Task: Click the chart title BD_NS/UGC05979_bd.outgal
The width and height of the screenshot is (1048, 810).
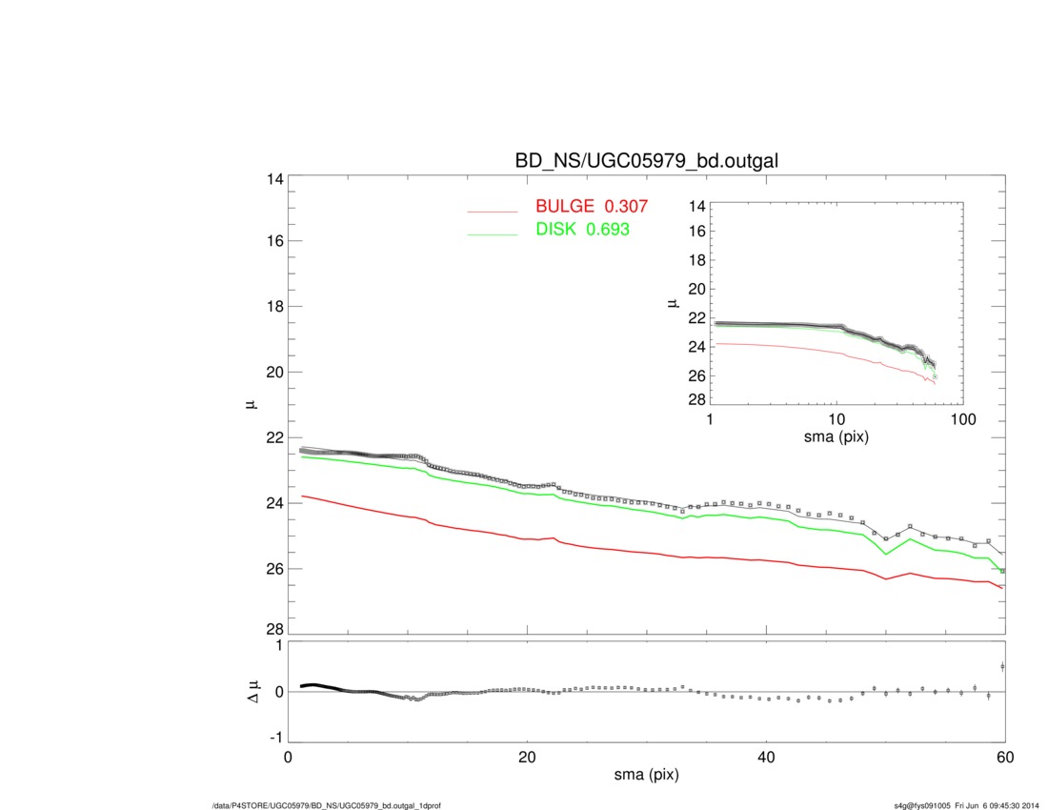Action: [647, 161]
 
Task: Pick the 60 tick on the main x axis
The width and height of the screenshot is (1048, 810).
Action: [1004, 757]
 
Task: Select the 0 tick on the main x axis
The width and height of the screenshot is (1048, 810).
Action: [289, 757]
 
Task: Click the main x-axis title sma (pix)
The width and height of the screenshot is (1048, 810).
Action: [646, 776]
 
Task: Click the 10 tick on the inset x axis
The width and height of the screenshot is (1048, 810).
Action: [836, 420]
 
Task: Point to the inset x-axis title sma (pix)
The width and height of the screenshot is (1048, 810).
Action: [836, 439]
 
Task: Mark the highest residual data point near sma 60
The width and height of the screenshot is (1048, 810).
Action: [1002, 666]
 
